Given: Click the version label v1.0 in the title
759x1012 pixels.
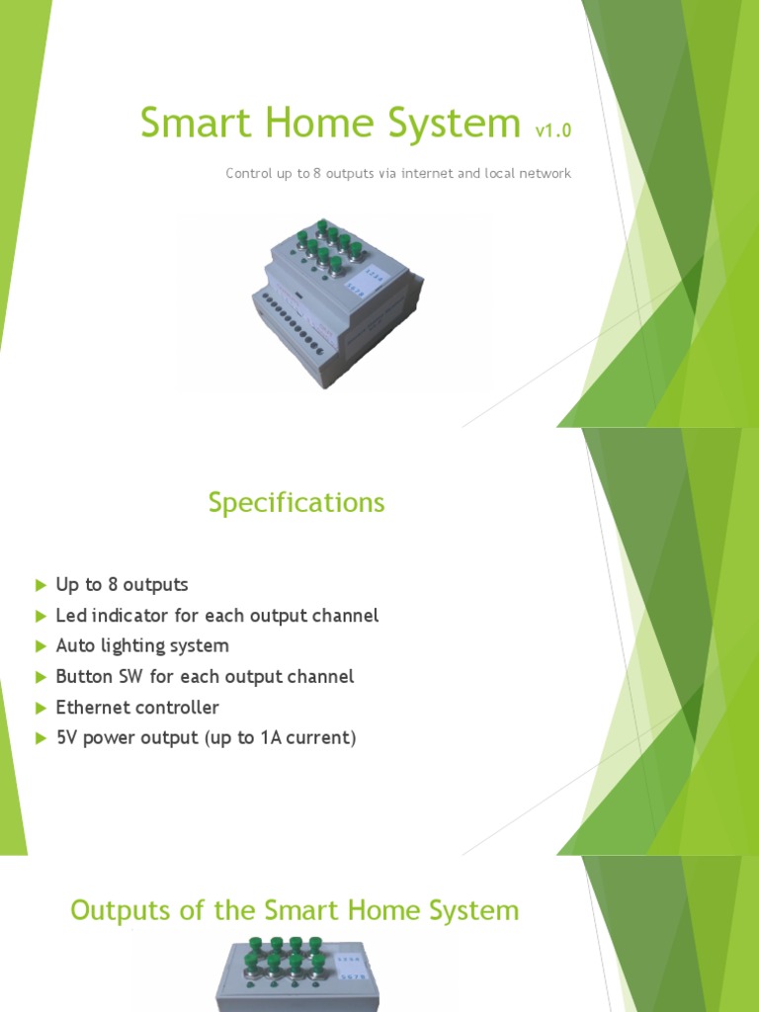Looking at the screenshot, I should click(x=552, y=129).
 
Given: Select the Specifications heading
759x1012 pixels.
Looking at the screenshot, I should click(x=296, y=503).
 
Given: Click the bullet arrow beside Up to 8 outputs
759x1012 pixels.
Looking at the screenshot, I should click(x=41, y=585).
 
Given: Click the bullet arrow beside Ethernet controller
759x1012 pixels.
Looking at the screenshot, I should click(x=41, y=708).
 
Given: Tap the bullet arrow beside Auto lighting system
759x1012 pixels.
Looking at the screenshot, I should click(x=41, y=646).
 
